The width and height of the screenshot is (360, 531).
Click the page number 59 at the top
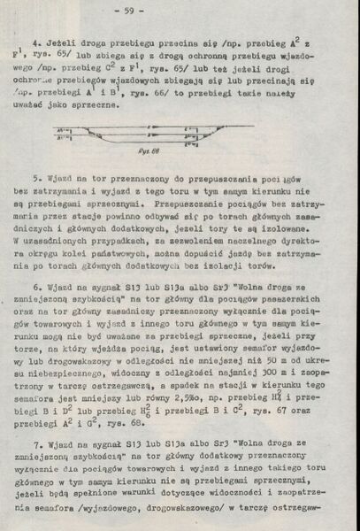179,11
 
